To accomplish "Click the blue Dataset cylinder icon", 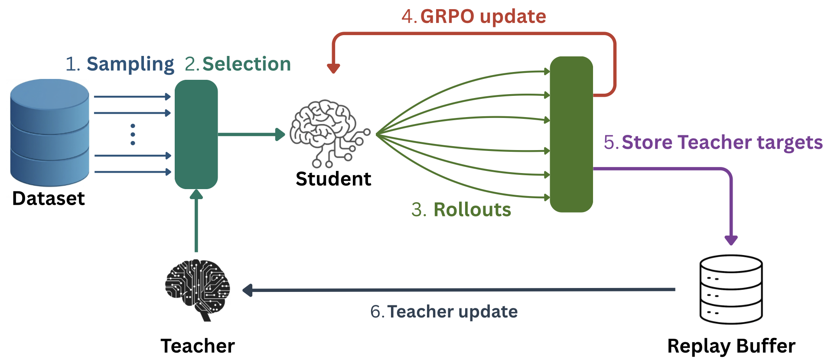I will pyautogui.click(x=49, y=132).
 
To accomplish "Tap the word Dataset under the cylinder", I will pyautogui.click(x=49, y=198).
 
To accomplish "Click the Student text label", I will pyautogui.click(x=333, y=179).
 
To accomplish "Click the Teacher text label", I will pyautogui.click(x=198, y=346).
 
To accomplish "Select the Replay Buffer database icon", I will pyautogui.click(x=731, y=289).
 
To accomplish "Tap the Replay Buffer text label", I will pyautogui.click(x=731, y=346).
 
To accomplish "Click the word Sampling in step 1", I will pyautogui.click(x=130, y=64).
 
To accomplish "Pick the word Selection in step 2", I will pyautogui.click(x=247, y=64).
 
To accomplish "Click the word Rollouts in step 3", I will pyautogui.click(x=472, y=209).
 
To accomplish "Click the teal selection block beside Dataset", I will pyautogui.click(x=196, y=134).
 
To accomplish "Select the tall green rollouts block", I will pyautogui.click(x=571, y=134).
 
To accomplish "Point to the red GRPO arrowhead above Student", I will pyautogui.click(x=333, y=68).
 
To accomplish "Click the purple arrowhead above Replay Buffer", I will pyautogui.click(x=731, y=240).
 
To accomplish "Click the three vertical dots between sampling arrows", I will pyautogui.click(x=133, y=134).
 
